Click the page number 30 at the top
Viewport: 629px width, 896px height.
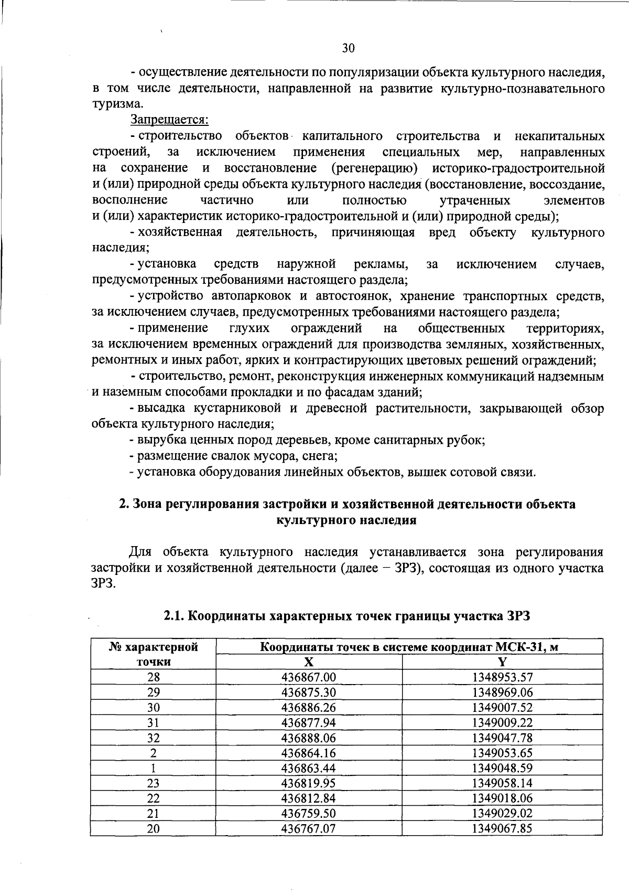click(349, 48)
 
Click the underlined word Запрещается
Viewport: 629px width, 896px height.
click(169, 120)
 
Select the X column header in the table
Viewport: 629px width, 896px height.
click(309, 662)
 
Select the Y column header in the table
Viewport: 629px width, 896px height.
click(502, 662)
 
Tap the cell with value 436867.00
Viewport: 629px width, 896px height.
click(309, 677)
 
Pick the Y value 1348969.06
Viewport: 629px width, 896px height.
click(502, 692)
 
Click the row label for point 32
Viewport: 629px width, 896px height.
click(153, 738)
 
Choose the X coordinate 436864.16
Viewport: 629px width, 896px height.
click(309, 753)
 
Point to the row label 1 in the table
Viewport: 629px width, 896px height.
click(153, 768)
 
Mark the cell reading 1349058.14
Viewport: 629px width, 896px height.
click(502, 783)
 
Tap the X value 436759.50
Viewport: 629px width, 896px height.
click(309, 813)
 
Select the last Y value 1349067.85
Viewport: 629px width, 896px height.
click(502, 828)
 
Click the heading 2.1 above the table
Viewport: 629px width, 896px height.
click(347, 616)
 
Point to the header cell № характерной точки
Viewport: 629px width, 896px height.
click(153, 654)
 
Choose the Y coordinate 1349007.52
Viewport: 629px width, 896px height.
click(502, 707)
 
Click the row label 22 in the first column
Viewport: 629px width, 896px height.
click(153, 798)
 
